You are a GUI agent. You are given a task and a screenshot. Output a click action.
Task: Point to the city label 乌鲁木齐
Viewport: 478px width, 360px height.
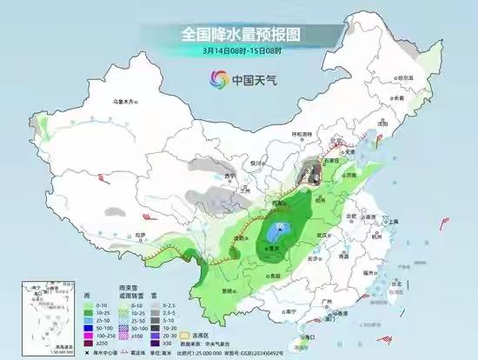pyautogui.click(x=127, y=102)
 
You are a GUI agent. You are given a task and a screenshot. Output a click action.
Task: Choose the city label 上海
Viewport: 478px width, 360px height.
pyautogui.click(x=393, y=222)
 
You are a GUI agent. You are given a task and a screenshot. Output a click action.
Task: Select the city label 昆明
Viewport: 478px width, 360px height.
pyautogui.click(x=228, y=290)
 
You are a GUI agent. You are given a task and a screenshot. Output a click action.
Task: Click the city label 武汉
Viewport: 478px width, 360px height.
pyautogui.click(x=325, y=235)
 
